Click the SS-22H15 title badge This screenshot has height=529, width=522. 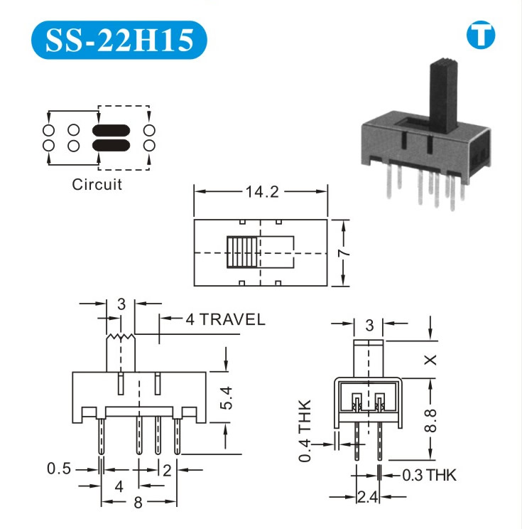119,40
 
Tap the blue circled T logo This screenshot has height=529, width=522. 481,35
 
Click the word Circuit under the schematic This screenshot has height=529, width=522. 97,185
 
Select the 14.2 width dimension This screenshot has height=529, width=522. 262,192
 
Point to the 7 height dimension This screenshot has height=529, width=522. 344,252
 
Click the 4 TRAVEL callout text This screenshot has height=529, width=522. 225,319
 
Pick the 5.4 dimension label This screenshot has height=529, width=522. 226,397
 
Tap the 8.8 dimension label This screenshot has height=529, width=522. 430,420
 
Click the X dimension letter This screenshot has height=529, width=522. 430,360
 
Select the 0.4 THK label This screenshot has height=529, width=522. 305,430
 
